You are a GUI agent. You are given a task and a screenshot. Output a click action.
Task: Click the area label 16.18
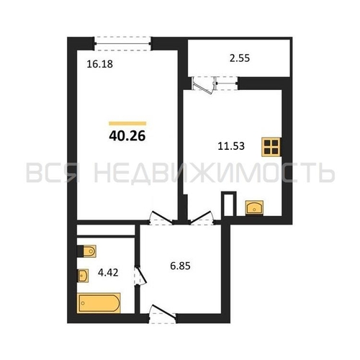point(99,64)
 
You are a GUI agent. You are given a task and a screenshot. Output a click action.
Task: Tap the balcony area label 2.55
point(240,58)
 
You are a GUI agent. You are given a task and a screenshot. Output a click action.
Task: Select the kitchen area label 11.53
point(231,146)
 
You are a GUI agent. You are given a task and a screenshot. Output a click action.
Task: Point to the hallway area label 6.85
point(180,266)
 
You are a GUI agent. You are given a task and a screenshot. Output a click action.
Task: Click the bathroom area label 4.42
point(108,273)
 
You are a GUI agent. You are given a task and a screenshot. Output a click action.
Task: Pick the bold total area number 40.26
point(127,136)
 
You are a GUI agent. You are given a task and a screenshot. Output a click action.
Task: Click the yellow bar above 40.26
point(127,124)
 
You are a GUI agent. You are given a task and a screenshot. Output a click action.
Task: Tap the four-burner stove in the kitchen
point(271,147)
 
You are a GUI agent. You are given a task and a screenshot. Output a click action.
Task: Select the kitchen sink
point(254,207)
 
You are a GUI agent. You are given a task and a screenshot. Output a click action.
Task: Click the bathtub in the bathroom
point(99,303)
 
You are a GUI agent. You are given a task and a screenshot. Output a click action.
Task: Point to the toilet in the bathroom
point(86,251)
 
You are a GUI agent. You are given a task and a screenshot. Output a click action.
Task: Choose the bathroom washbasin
point(83,276)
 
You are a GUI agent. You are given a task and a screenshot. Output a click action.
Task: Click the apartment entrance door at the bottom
point(163,313)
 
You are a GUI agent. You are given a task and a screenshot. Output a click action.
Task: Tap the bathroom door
point(140,276)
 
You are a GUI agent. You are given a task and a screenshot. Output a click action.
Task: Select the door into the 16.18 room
point(161,218)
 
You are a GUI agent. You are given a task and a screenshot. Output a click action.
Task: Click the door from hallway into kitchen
point(202,218)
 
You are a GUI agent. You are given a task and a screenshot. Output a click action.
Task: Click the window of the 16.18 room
point(122,44)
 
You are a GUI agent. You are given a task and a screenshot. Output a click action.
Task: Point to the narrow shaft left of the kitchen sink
point(229,204)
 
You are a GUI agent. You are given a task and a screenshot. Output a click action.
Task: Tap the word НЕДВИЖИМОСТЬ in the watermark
point(215,173)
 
